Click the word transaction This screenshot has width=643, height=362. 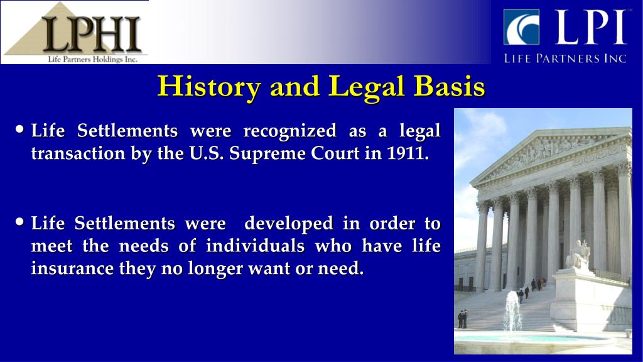[x=78, y=154]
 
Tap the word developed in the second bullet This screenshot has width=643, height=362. [x=289, y=223]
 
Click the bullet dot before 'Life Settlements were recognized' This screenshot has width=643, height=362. [x=20, y=130]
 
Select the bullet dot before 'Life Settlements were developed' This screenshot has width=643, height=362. [x=20, y=222]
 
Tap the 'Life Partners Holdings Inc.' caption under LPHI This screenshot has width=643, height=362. [x=93, y=60]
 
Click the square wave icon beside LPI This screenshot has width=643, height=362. [x=521, y=27]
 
